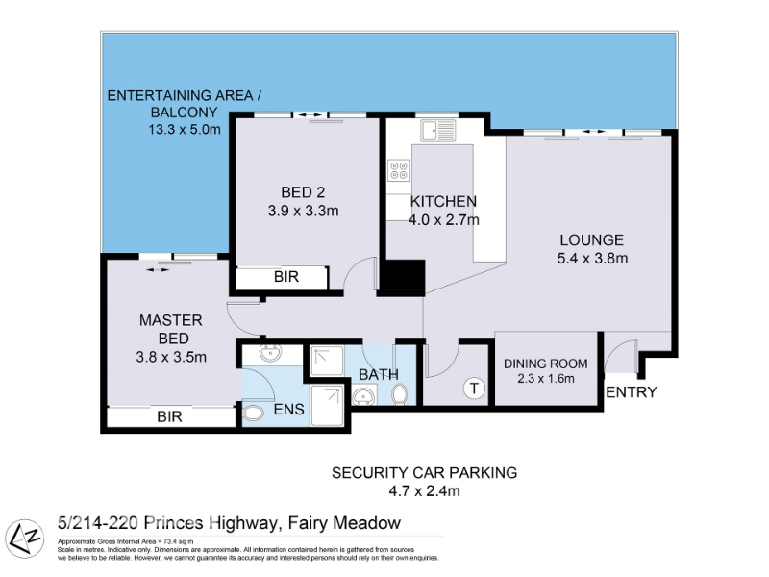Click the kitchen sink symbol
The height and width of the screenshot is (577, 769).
437,131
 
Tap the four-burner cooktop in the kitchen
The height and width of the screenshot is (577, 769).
399,170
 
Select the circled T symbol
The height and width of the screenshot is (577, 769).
474,389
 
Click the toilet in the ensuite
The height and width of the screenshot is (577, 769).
253,414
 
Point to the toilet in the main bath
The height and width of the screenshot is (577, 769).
400,394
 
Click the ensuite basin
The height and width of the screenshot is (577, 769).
270,353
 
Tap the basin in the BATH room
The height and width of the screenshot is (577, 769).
364,395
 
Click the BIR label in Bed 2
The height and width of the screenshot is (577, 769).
286,277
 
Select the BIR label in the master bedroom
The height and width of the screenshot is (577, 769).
170,416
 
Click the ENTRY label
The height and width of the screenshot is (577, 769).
632,392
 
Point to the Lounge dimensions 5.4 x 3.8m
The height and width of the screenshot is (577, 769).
592,258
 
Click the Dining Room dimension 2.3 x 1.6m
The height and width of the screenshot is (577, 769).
545,378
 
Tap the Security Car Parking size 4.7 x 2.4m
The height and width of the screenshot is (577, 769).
424,490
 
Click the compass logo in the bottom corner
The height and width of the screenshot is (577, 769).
24,539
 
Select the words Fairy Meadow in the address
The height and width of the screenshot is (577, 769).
344,522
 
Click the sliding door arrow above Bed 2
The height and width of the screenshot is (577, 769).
310,115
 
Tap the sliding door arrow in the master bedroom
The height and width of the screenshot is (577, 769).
158,269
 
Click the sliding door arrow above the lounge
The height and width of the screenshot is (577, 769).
593,132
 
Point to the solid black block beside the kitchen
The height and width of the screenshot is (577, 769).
403,276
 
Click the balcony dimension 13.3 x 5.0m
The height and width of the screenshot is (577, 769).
185,130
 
